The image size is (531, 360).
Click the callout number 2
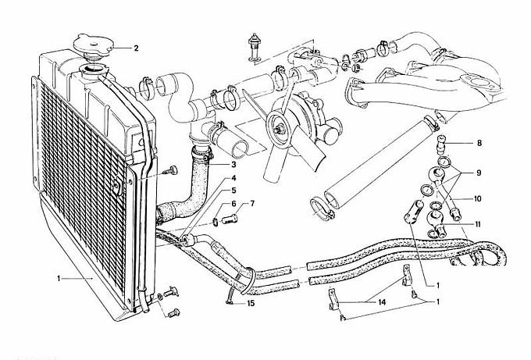(136, 48)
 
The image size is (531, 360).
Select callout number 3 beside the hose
(233, 165)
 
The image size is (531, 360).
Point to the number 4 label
(233, 178)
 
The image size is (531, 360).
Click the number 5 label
(233, 191)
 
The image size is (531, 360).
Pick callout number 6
(233, 204)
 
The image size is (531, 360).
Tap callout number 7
(252, 204)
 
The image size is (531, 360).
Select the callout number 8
(479, 143)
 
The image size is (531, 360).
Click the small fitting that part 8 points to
(440, 143)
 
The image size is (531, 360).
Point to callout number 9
(479, 173)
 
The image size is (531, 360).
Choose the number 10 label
(477, 199)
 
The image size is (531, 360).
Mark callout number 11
(477, 224)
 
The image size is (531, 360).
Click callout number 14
(382, 302)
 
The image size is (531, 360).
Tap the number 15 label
(250, 304)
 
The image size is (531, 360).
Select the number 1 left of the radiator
(59, 278)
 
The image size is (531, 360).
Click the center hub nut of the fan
(279, 128)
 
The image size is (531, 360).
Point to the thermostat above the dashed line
(253, 48)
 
